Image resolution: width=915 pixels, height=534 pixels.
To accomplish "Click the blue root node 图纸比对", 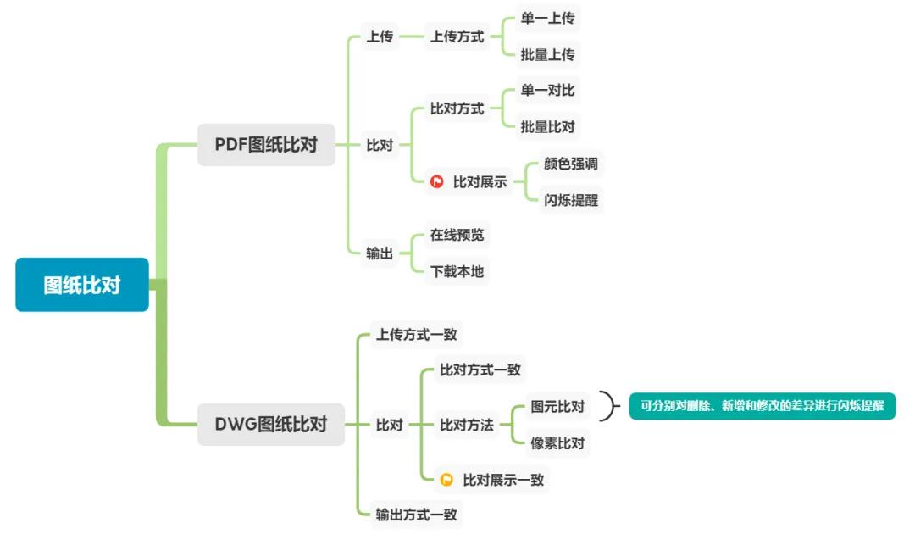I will pyautogui.click(x=82, y=285).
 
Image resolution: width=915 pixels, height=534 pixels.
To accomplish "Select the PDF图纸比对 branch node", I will pyautogui.click(x=266, y=145).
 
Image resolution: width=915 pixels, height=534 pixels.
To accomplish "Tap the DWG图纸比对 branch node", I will pyautogui.click(x=271, y=425).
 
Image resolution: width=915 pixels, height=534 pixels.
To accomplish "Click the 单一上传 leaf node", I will pyautogui.click(x=547, y=18).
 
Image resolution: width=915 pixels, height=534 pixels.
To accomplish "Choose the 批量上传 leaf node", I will pyautogui.click(x=547, y=55).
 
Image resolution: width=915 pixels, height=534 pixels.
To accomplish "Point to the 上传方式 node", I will pyautogui.click(x=457, y=37).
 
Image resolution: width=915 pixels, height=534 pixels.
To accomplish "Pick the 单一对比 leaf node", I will pyautogui.click(x=547, y=91).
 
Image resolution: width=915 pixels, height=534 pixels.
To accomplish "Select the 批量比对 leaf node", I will pyautogui.click(x=547, y=127).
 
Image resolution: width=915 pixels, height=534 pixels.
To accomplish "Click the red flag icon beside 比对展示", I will pyautogui.click(x=437, y=181).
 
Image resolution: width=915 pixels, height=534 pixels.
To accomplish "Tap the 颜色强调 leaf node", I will pyautogui.click(x=570, y=164).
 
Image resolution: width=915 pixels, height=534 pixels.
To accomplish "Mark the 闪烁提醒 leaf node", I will pyautogui.click(x=570, y=201).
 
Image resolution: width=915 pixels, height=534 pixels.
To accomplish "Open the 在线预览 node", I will pyautogui.click(x=457, y=235).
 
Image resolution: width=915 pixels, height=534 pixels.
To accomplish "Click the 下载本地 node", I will pyautogui.click(x=457, y=272).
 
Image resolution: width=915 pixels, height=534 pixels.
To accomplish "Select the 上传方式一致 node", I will pyautogui.click(x=416, y=335).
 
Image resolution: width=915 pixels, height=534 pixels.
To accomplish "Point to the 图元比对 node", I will pyautogui.click(x=557, y=407).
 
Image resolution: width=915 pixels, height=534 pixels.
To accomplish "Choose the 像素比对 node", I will pyautogui.click(x=557, y=443).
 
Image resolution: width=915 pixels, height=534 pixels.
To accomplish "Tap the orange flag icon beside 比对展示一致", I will pyautogui.click(x=446, y=480).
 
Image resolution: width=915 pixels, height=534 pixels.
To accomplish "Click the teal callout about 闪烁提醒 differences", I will pyautogui.click(x=762, y=407).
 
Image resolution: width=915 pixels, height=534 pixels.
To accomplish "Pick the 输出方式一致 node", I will pyautogui.click(x=416, y=514).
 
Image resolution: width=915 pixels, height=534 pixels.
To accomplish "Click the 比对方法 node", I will pyautogui.click(x=466, y=425).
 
